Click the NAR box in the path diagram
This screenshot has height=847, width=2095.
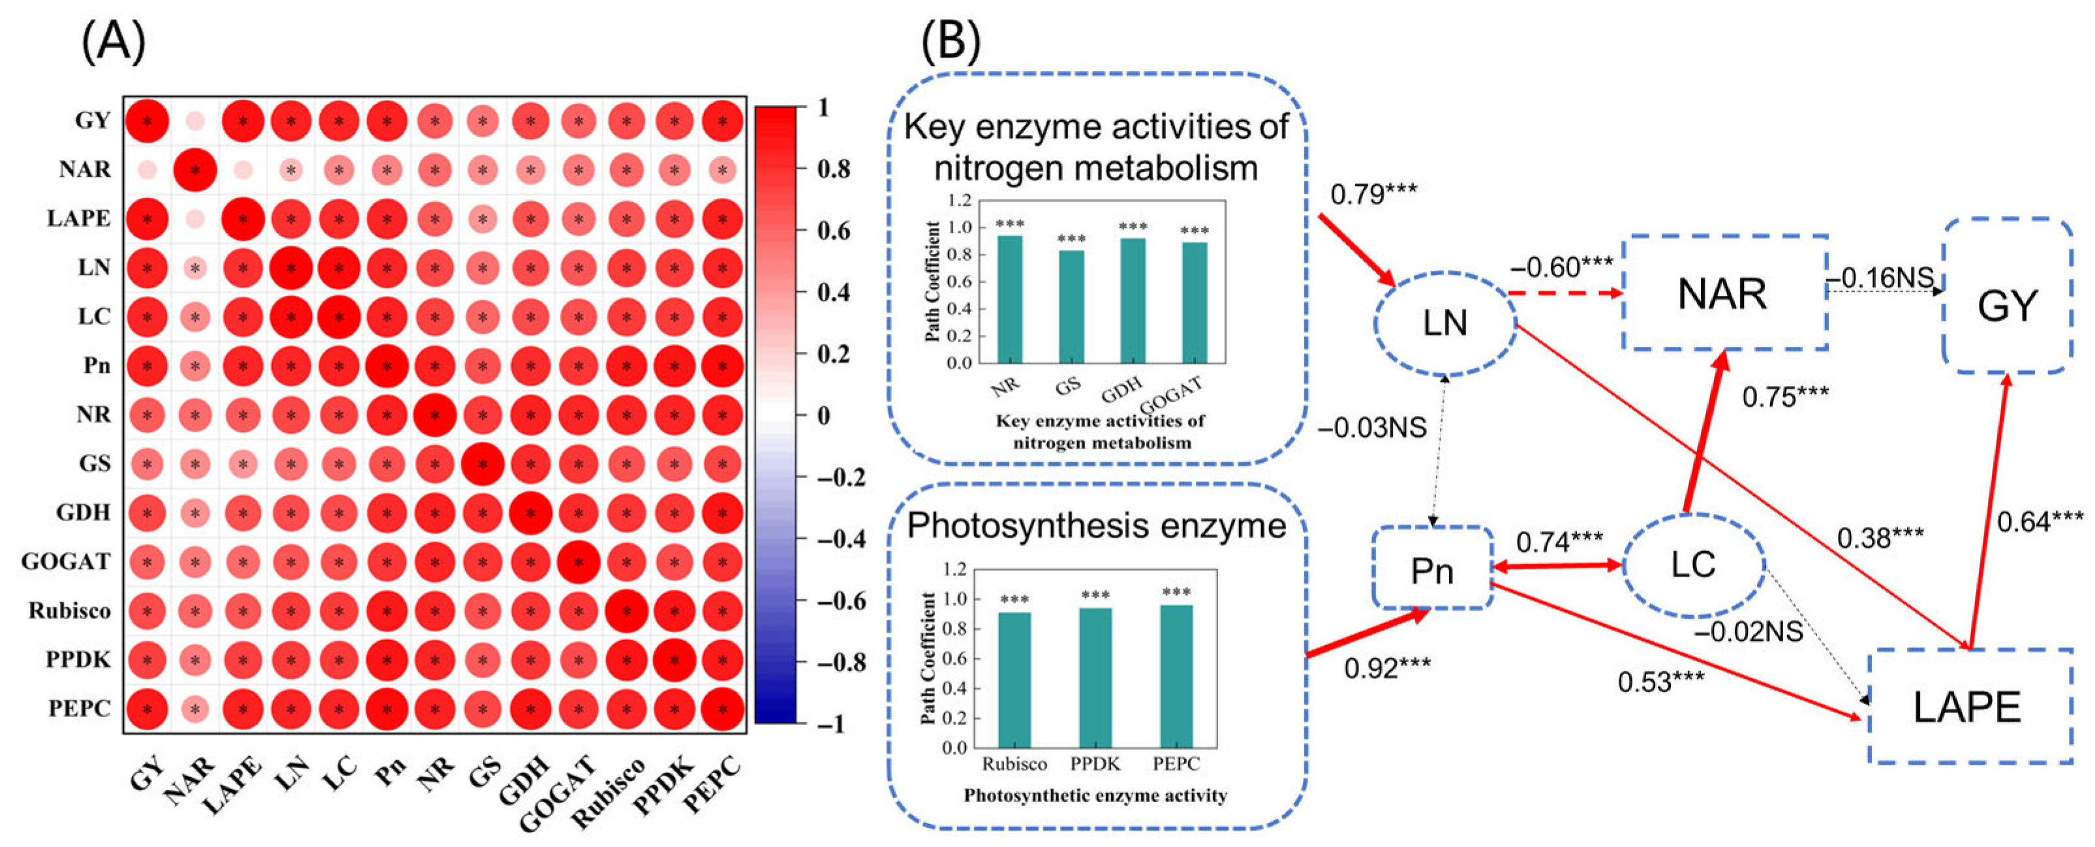tap(1724, 294)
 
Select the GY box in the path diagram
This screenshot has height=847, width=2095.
tap(2007, 306)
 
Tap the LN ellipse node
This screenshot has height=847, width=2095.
tap(1445, 323)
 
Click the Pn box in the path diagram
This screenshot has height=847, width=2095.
tap(1432, 569)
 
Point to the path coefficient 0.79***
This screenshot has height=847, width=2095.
tap(1373, 195)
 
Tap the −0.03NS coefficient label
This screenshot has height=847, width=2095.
tap(1371, 427)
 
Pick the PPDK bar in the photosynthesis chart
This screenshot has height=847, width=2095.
tap(1095, 677)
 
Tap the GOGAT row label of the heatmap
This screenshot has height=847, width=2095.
tap(66, 562)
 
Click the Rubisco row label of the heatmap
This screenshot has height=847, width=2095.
tap(69, 610)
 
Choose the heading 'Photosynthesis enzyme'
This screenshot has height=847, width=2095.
tap(1096, 526)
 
